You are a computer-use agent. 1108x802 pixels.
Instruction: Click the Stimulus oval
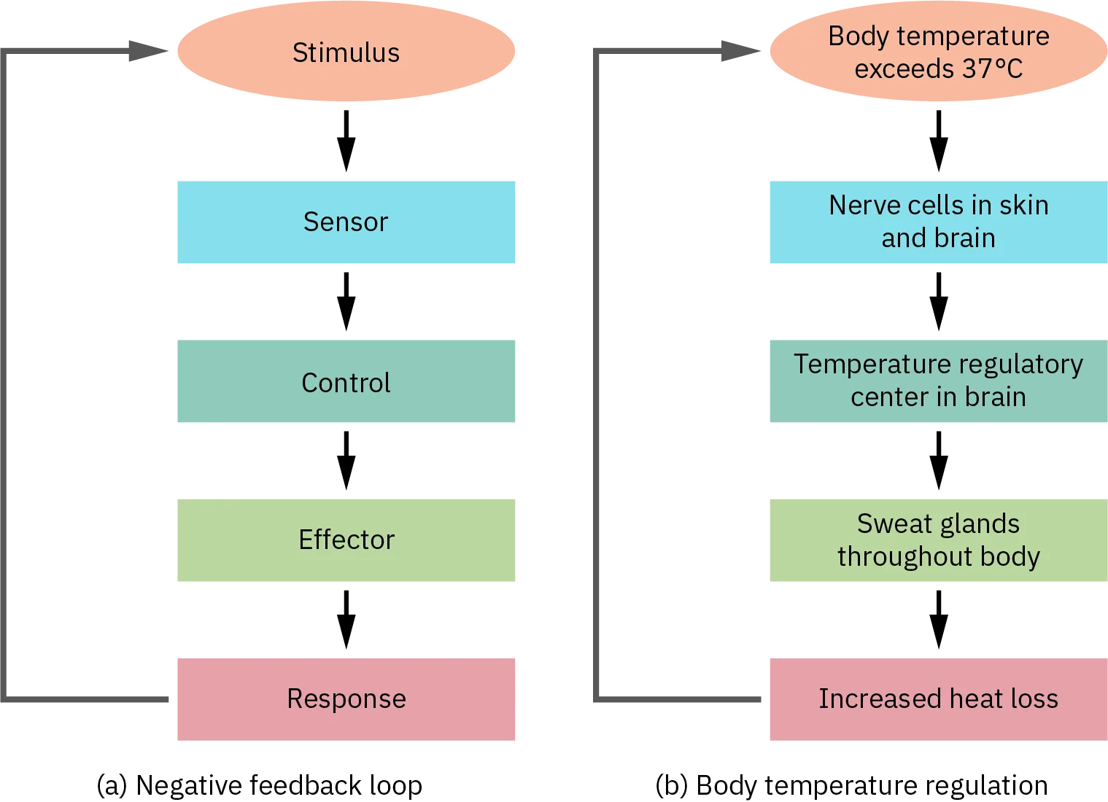pos(346,52)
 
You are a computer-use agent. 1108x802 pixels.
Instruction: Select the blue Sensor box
pos(346,223)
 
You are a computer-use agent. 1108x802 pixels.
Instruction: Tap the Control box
pos(346,382)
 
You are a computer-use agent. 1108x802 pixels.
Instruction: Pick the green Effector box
pos(346,540)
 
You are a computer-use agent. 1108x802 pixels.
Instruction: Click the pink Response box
pos(346,698)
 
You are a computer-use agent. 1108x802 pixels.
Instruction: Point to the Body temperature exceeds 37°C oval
pos(938,52)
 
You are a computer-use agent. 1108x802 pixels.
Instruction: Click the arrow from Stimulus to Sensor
pos(344,140)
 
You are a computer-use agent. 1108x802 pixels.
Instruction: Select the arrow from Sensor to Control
pos(344,300)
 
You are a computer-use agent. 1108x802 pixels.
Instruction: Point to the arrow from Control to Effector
pos(344,461)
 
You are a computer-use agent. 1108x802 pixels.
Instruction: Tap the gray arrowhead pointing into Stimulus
pos(146,50)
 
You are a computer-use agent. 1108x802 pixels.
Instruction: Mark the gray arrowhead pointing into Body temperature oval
pos(737,50)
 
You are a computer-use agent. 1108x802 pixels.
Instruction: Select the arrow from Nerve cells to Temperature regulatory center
pos(939,300)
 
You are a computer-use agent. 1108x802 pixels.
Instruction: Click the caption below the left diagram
pos(259,785)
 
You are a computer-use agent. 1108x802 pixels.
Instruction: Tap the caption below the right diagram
pos(851,785)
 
